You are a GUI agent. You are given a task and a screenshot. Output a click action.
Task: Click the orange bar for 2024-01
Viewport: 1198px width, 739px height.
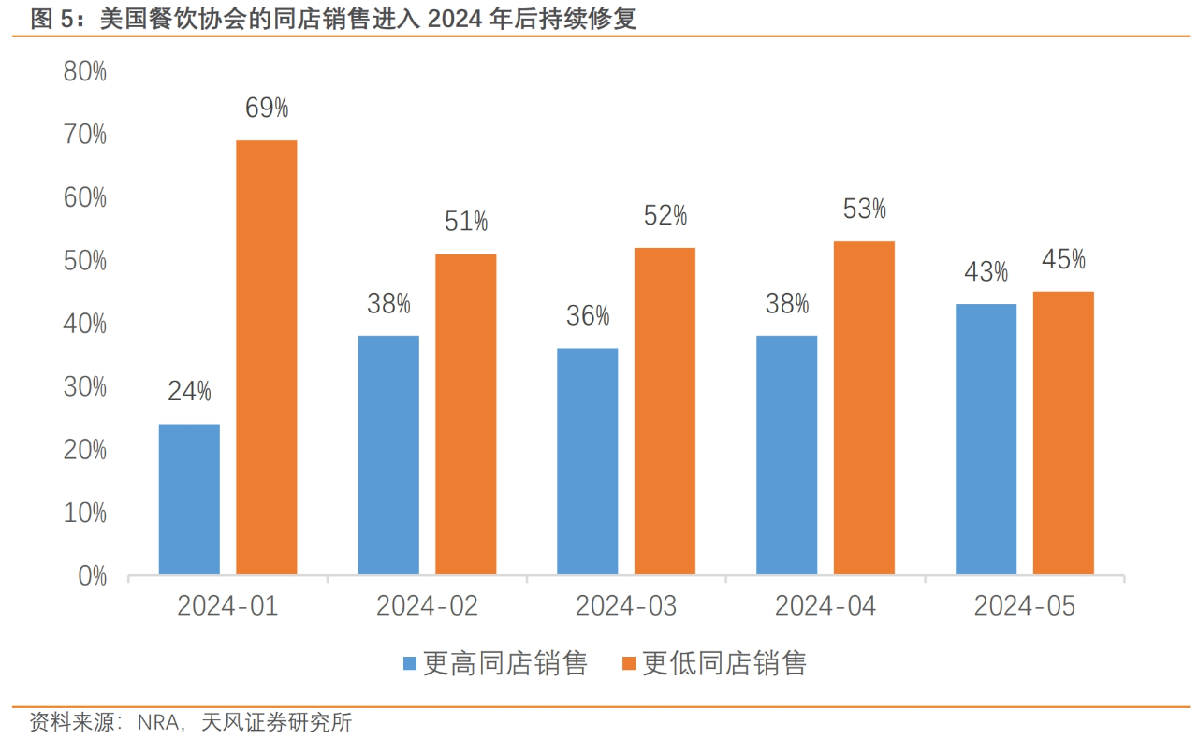pos(266,357)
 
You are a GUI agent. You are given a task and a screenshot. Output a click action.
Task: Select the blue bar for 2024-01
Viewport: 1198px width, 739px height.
pos(189,500)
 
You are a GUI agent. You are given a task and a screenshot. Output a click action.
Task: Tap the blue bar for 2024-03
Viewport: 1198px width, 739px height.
pos(587,461)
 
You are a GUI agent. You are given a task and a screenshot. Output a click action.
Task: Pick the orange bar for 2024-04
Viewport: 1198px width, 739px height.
pos(864,408)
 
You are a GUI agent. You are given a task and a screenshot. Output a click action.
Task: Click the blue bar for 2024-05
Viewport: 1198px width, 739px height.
pos(986,439)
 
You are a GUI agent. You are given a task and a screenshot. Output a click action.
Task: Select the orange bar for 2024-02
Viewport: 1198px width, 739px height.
pos(465,413)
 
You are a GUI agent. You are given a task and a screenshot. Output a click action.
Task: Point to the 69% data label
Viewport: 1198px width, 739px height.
pos(267,109)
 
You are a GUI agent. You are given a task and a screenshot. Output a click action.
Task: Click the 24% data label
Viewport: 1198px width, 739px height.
pos(189,392)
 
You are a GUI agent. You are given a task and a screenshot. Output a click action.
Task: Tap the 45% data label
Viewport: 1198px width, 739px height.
pos(1063,259)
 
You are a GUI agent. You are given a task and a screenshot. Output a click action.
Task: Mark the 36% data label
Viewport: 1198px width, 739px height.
pos(588,316)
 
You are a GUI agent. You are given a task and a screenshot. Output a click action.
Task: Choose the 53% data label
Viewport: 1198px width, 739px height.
pos(864,210)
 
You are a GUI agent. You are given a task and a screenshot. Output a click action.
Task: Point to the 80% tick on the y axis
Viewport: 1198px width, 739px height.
pos(85,72)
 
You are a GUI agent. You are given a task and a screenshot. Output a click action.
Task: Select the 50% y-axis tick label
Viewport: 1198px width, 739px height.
pos(85,261)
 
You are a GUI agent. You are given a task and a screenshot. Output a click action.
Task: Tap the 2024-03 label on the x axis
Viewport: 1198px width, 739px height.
pos(626,606)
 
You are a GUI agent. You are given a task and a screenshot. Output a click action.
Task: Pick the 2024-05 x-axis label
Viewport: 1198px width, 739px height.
pos(1024,606)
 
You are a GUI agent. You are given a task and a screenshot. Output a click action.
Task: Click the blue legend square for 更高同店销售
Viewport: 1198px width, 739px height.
pos(410,664)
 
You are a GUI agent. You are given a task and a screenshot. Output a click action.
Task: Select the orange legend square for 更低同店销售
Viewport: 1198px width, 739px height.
pos(629,664)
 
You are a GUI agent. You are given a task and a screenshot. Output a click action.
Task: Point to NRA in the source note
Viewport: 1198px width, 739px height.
pos(156,722)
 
